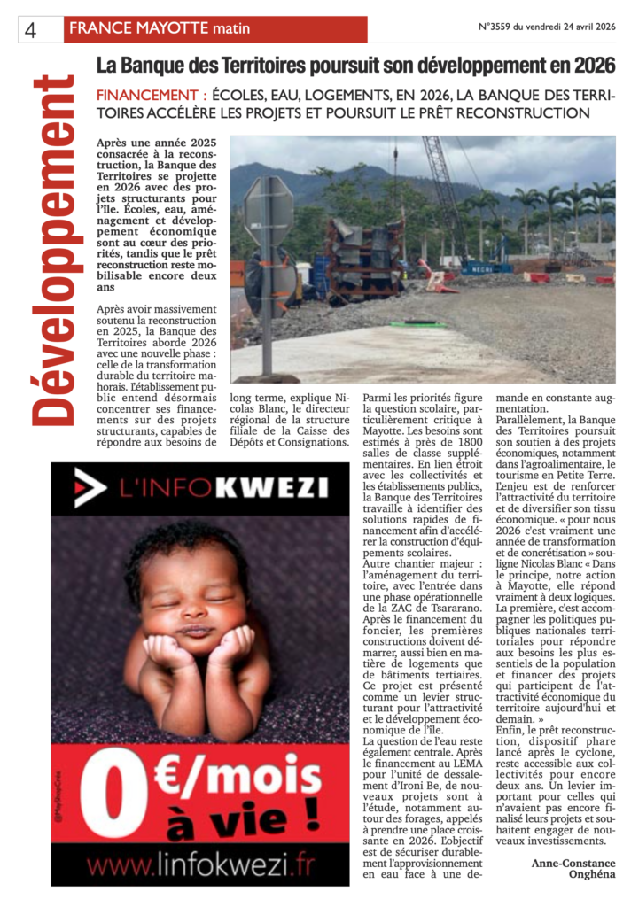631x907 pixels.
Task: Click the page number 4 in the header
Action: [x=30, y=29]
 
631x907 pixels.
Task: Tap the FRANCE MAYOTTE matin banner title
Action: [x=160, y=29]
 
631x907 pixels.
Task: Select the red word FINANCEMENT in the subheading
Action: [x=147, y=95]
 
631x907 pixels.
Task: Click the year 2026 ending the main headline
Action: [x=593, y=66]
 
